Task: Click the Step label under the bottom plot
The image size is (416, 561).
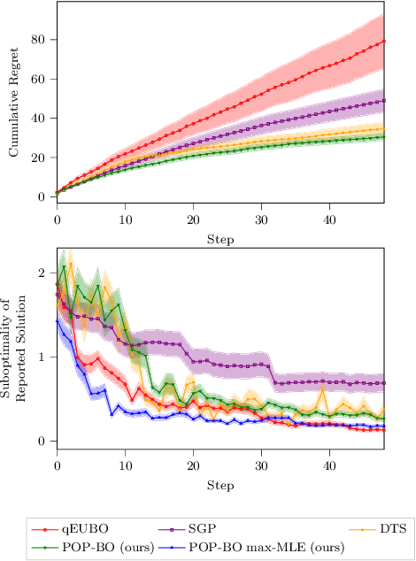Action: [x=220, y=486]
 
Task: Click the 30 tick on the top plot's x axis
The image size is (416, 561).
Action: [x=261, y=218]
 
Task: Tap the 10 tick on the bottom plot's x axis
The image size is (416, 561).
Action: [x=125, y=465]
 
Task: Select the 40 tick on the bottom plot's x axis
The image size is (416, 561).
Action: [x=329, y=465]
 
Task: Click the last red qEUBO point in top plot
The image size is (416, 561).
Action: [x=383, y=42]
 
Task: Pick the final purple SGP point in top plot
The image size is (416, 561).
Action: [x=383, y=101]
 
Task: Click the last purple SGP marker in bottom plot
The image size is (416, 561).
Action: [x=383, y=383]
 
